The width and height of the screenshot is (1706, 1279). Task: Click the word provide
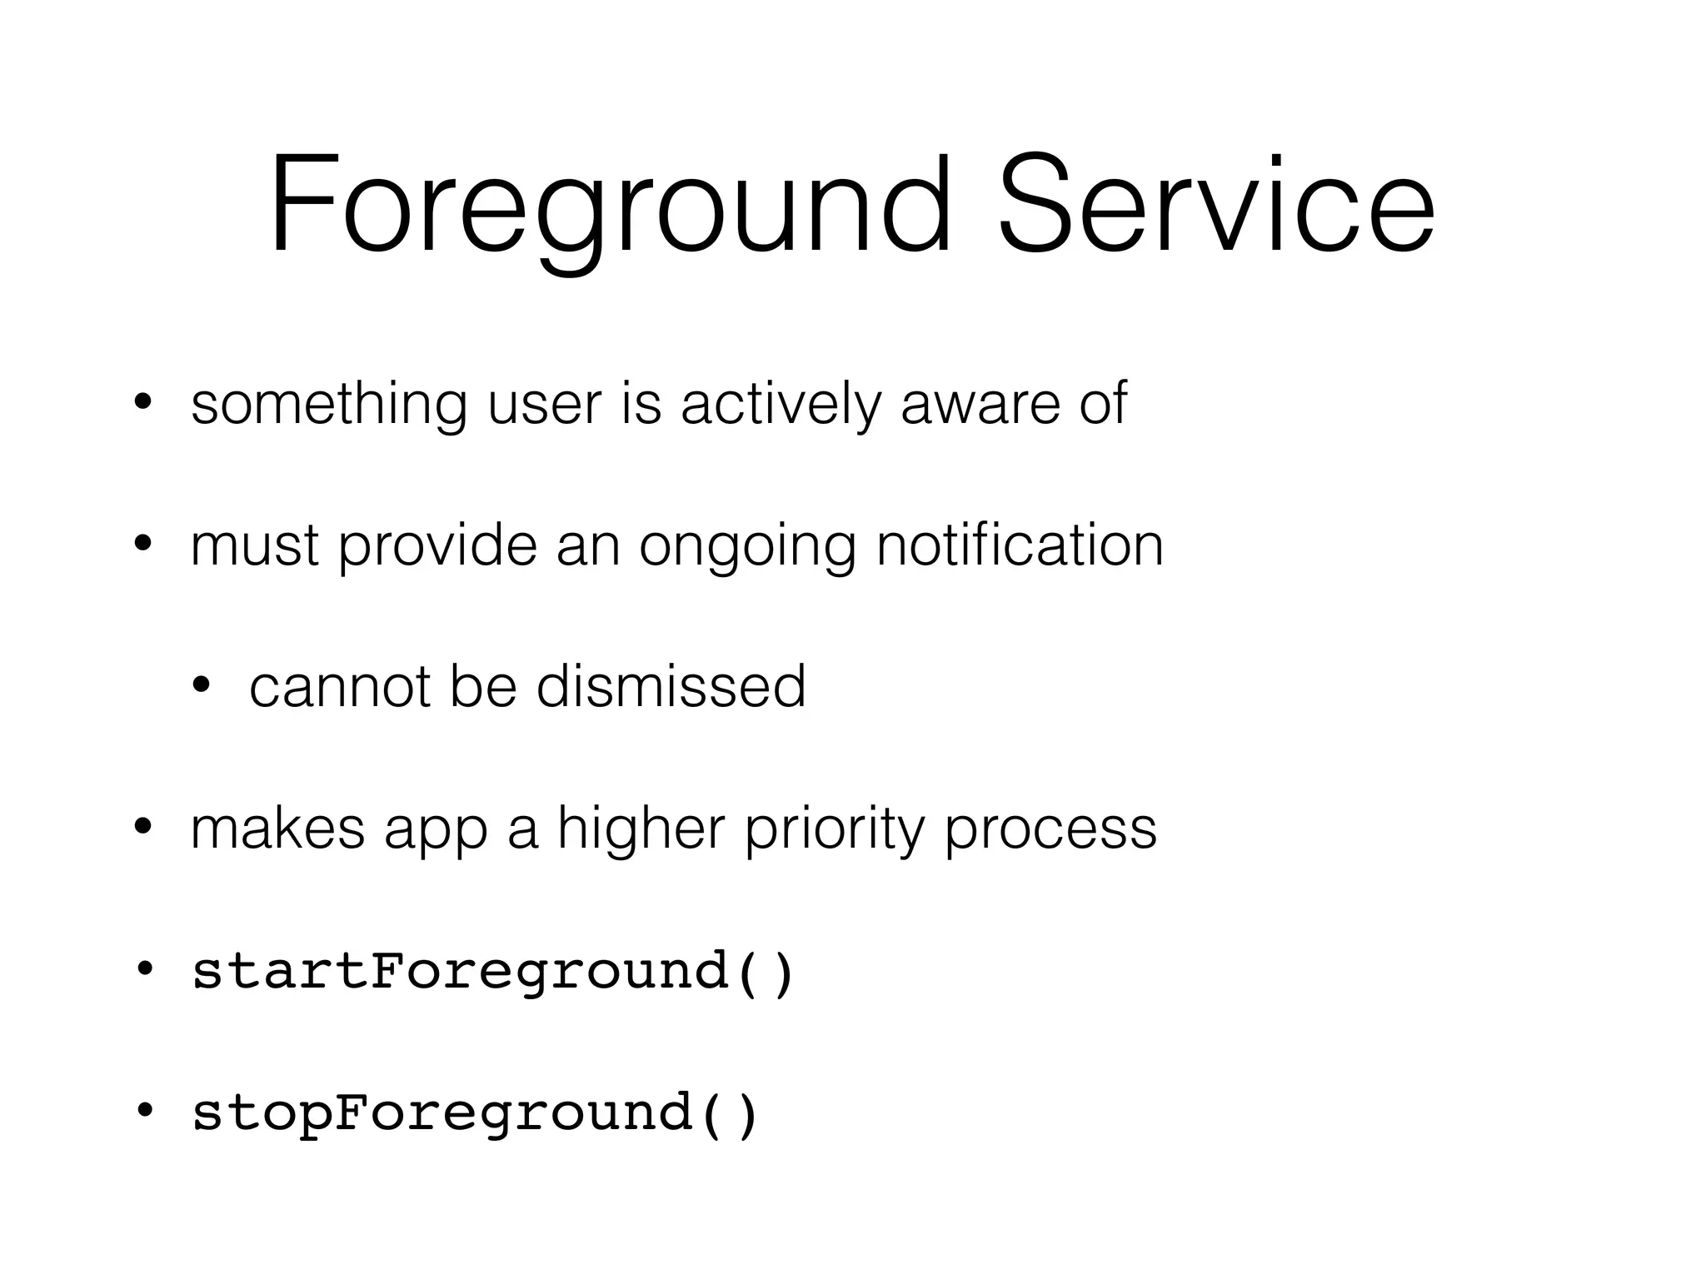438,547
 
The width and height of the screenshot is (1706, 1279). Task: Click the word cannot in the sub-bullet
339,687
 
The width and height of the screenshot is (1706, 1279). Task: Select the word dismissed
671,687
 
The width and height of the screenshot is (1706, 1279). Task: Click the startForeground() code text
493,972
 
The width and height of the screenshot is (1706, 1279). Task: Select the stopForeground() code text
476,1113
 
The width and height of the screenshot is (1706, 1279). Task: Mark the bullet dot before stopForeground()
144,1110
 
